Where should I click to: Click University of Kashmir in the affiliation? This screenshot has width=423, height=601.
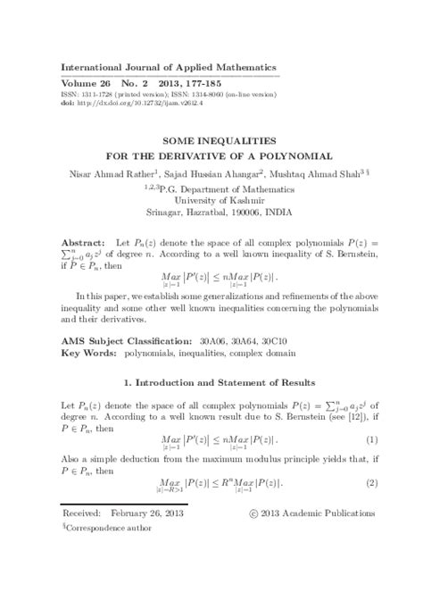(211, 200)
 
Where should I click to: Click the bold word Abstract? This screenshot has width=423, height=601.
(83, 243)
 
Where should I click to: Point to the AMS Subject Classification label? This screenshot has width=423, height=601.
(125, 341)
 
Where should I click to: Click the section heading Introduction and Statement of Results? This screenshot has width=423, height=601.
(217, 383)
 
